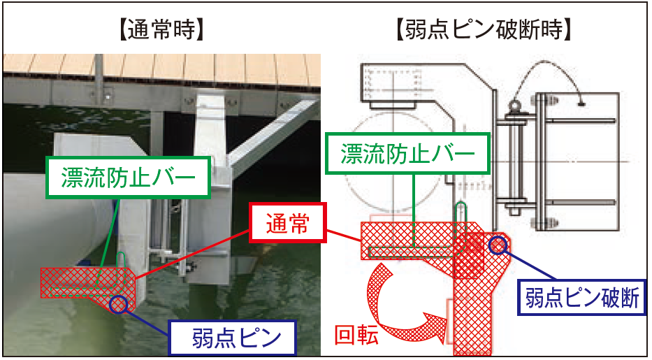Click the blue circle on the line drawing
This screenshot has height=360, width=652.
click(x=498, y=245)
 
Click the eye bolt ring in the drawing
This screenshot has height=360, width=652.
click(x=516, y=105)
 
